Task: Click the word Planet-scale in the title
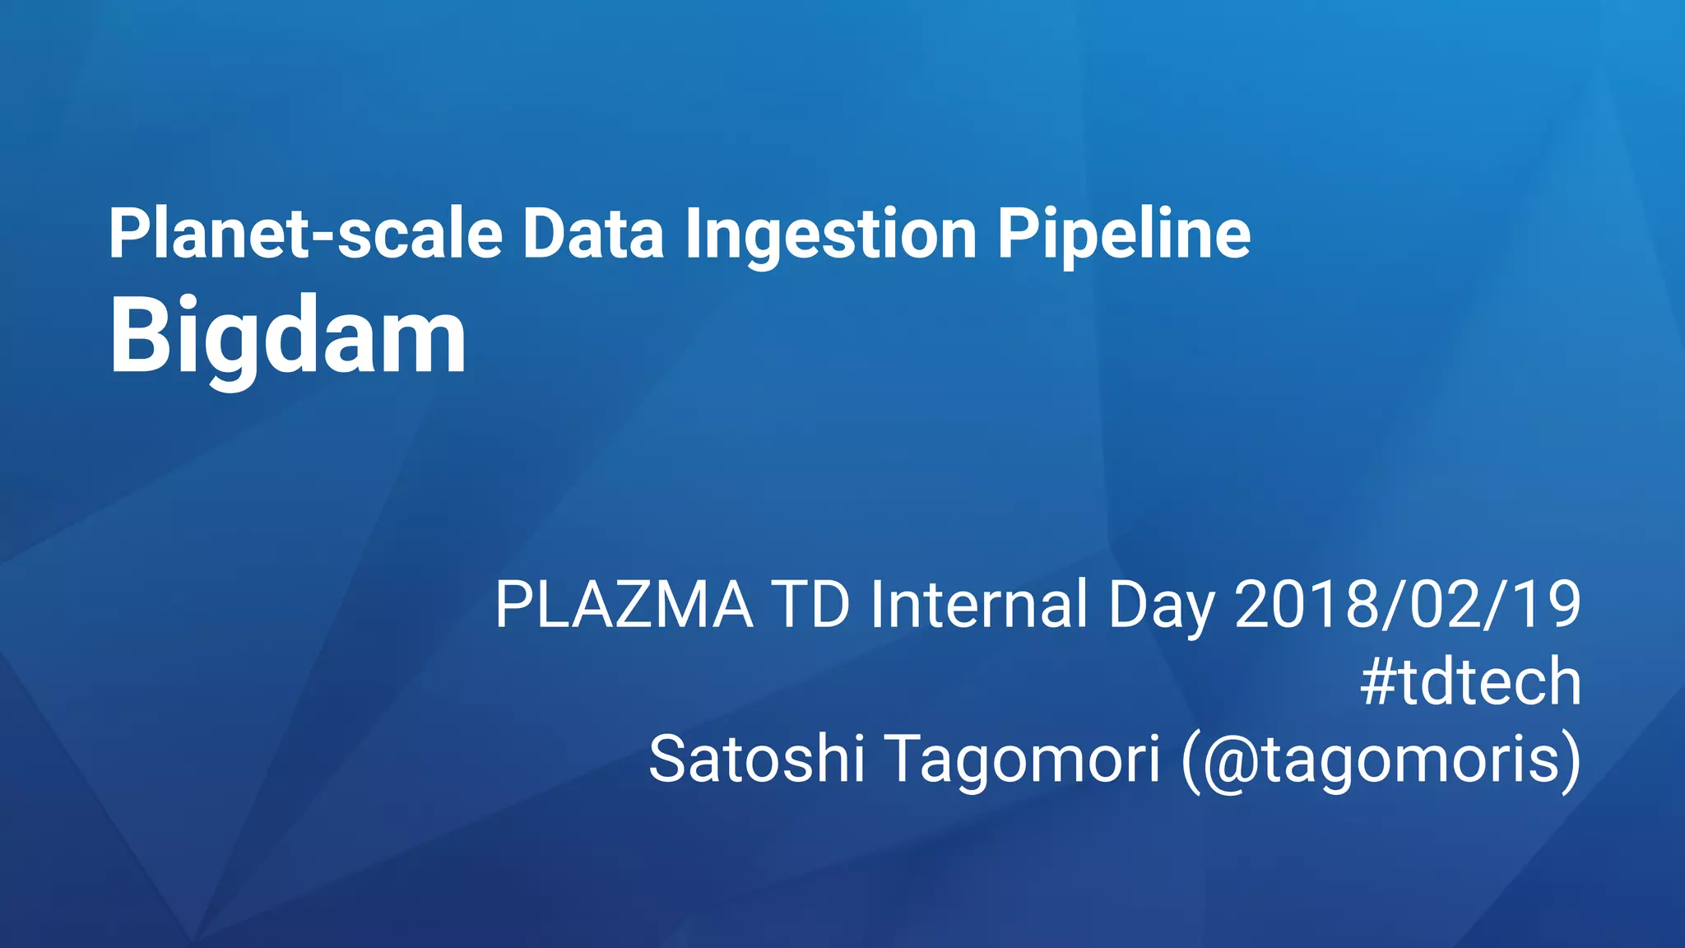coord(304,235)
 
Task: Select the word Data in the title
coord(592,235)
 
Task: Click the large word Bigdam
coord(288,337)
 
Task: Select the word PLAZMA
coord(624,606)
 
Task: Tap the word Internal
coord(979,606)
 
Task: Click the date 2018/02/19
coord(1407,606)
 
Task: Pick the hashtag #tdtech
coord(1470,682)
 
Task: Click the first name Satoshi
coord(756,759)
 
